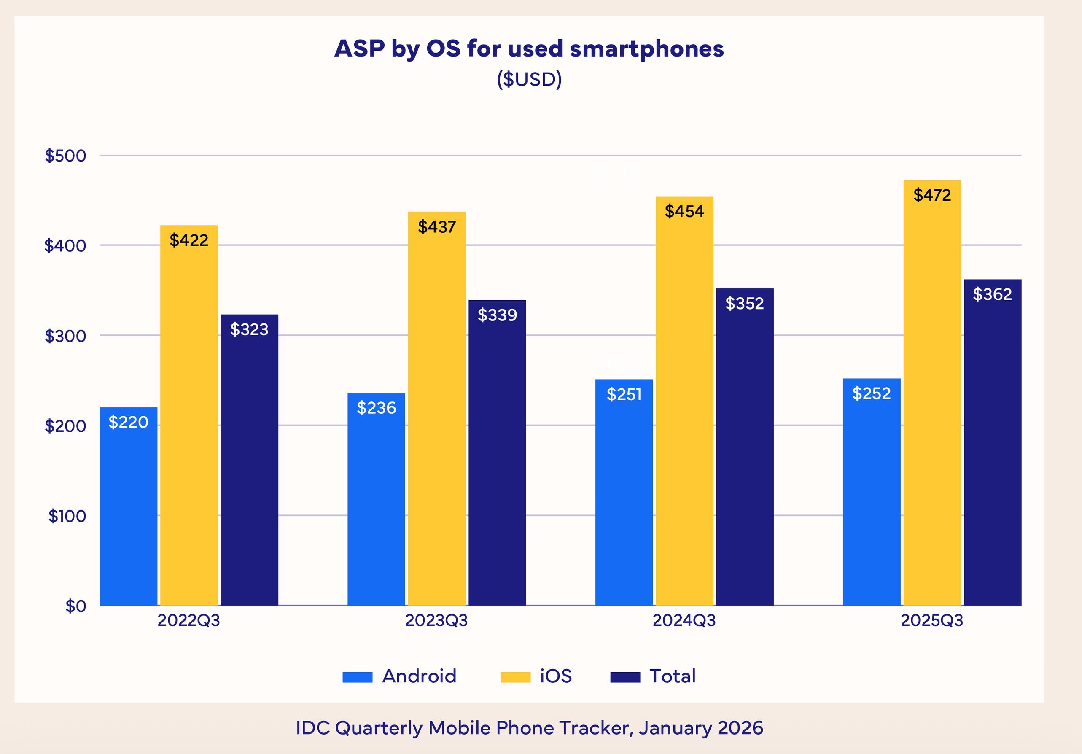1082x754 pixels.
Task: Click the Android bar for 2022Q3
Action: [128, 506]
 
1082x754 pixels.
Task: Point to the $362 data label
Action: [992, 294]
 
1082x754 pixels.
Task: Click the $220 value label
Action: [128, 422]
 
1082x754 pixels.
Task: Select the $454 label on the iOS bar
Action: [684, 211]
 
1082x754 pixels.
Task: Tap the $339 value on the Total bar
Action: [497, 315]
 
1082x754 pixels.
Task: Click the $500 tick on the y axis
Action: [65, 156]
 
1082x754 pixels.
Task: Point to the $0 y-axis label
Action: [75, 606]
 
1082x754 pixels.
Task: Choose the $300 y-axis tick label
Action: [65, 336]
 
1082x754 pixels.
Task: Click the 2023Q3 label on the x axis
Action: [436, 621]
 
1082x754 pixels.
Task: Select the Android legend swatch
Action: [357, 677]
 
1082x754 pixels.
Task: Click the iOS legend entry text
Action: [556, 676]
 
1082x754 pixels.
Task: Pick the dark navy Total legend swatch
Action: [625, 677]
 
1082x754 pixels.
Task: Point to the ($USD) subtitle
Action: [529, 79]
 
